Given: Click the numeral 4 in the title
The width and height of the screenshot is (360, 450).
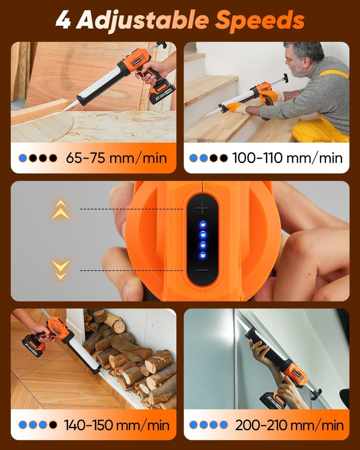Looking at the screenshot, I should (63, 21).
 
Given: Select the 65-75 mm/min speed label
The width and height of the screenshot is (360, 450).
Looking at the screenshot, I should (116, 158).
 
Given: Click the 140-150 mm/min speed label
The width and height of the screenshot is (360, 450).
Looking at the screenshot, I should (116, 425).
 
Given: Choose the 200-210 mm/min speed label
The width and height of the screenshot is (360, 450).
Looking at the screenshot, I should (289, 425).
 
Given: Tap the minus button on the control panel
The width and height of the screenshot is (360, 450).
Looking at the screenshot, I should (203, 270).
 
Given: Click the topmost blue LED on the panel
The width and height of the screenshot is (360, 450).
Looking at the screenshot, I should (203, 225).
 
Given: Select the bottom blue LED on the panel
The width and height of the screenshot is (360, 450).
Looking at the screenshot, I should (203, 255).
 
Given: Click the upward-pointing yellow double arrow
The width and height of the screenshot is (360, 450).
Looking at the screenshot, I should (61, 210).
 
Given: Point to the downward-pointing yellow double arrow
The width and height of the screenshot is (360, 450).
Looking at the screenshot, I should (61, 269).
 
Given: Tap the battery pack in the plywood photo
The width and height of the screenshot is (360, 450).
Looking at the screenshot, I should (161, 92).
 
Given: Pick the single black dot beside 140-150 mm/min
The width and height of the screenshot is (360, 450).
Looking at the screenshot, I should (53, 425).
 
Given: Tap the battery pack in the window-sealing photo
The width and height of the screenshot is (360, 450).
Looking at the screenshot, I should (273, 400).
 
